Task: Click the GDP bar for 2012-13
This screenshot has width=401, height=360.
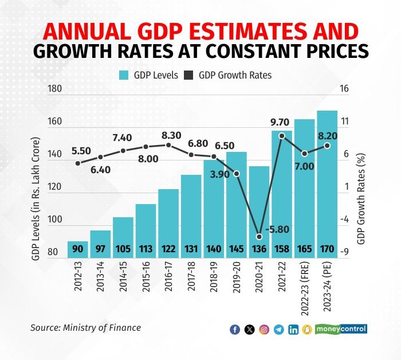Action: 77,249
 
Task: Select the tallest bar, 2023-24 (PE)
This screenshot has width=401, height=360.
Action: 327,183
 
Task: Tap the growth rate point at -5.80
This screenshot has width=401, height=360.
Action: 259,237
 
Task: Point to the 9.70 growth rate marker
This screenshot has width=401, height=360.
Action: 282,136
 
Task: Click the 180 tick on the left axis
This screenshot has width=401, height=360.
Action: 55,89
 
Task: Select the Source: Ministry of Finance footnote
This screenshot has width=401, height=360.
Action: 85,328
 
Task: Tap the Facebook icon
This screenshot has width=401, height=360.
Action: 234,329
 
